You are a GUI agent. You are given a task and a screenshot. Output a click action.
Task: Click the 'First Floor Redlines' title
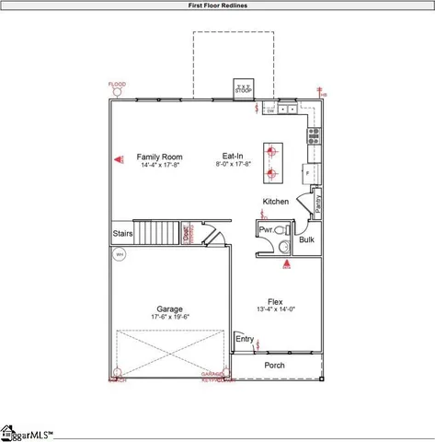click(217, 5)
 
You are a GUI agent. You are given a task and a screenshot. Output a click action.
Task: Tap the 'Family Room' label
click(160, 157)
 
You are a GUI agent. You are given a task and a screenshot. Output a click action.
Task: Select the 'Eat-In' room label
click(233, 156)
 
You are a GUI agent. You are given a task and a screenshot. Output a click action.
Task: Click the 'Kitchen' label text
click(276, 202)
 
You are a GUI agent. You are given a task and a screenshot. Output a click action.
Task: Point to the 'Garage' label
click(169, 308)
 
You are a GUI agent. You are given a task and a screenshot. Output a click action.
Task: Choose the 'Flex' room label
click(275, 302)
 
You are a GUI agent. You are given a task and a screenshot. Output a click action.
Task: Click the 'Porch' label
click(274, 366)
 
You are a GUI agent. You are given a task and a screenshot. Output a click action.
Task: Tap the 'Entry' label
click(244, 339)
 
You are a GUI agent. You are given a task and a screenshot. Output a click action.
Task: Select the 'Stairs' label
click(123, 234)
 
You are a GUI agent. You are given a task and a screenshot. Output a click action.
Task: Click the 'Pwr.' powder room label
click(266, 229)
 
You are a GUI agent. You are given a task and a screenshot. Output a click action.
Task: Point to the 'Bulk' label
click(306, 240)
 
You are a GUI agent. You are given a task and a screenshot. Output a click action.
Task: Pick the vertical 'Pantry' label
click(317, 202)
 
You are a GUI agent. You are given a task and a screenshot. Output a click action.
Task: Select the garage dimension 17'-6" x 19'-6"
click(169, 318)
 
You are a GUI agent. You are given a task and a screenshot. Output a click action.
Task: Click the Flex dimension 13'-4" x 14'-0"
click(275, 311)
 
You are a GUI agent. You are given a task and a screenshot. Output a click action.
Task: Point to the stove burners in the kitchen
click(315, 136)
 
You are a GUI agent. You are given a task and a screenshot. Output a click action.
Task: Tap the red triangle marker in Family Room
click(119, 159)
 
